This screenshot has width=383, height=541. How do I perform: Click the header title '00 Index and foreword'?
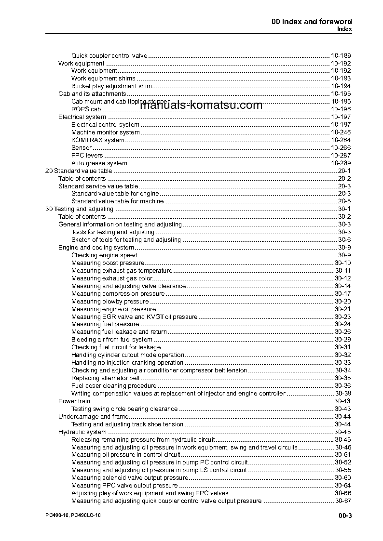pyautogui.click(x=312, y=21)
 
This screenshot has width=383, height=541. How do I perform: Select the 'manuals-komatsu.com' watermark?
pyautogui.click(x=201, y=106)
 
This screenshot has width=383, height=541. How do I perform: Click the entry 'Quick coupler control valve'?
pyautogui.click(x=109, y=55)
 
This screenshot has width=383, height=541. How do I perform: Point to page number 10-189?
pyautogui.click(x=341, y=55)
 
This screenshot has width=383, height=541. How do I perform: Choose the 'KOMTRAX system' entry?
pyautogui.click(x=98, y=140)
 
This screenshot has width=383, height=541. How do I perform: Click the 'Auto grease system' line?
pyautogui.click(x=99, y=163)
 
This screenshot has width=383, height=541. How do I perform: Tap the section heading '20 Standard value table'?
pyautogui.click(x=78, y=171)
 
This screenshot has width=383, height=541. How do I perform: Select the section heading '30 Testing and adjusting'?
pyautogui.click(x=79, y=209)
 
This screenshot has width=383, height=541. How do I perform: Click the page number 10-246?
pyautogui.click(x=341, y=132)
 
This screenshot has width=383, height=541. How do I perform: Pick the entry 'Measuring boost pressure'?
pyautogui.click(x=108, y=263)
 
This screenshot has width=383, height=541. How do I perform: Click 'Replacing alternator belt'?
pyautogui.click(x=106, y=378)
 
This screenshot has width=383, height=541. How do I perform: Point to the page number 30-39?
pyautogui.click(x=342, y=394)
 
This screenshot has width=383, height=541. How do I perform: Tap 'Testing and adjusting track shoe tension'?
pyautogui.click(x=127, y=424)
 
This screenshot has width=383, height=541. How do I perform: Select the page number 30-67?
pyautogui.click(x=342, y=501)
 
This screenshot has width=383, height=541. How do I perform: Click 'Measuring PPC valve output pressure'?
pyautogui.click(x=124, y=486)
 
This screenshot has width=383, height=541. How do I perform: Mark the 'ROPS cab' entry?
pyautogui.click(x=86, y=109)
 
